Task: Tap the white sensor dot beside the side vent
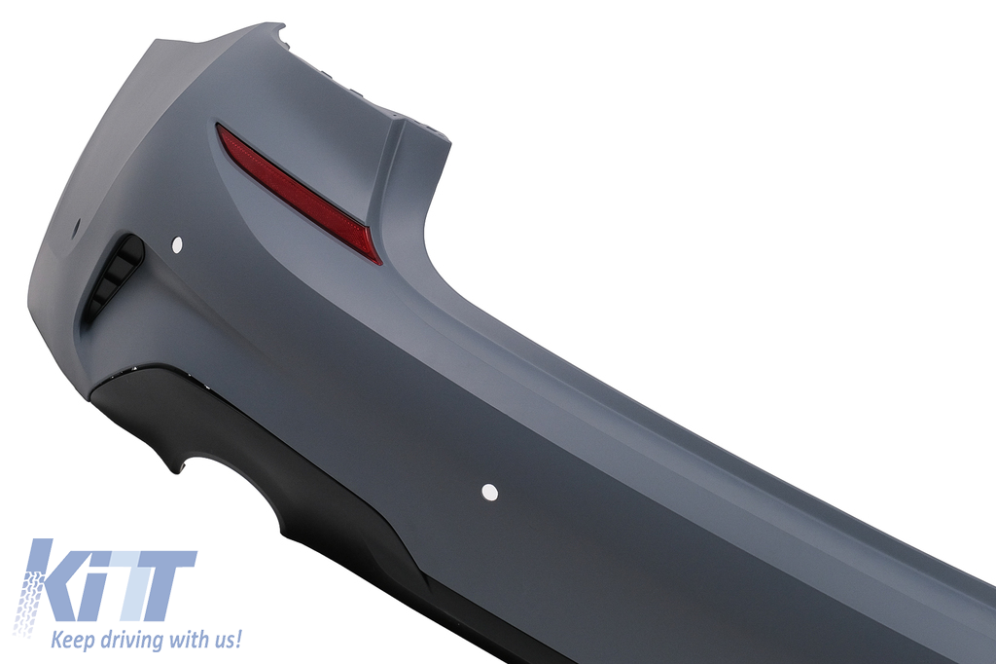177,242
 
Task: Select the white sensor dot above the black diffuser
490,492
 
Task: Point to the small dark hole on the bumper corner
78,226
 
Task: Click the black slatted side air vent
117,273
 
